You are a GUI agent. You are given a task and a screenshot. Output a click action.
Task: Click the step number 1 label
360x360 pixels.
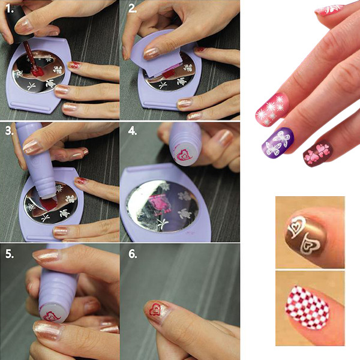pos(9,9)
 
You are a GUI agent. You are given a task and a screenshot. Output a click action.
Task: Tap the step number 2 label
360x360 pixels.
pos(133,8)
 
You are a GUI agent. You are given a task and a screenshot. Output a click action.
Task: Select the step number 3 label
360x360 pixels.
pos(10,131)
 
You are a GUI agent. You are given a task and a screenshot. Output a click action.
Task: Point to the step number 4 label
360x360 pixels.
pos(133,131)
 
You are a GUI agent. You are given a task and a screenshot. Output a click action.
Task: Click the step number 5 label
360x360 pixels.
pos(10,254)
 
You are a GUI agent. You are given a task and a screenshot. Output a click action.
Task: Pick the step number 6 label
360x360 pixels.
pos(133,254)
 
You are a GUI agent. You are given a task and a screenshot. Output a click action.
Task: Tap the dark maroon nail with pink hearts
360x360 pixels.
pos(318,153)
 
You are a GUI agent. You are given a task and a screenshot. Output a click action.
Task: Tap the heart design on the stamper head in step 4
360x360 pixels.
pos(184,155)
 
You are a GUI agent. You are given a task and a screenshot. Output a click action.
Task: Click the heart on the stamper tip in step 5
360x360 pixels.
pos(52,316)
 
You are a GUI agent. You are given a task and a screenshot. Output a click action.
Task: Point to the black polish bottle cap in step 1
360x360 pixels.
pos(17,25)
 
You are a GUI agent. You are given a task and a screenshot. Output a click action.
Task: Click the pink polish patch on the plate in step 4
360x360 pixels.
pos(158,203)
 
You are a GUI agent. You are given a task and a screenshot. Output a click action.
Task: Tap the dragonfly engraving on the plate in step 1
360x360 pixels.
pos(31,86)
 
